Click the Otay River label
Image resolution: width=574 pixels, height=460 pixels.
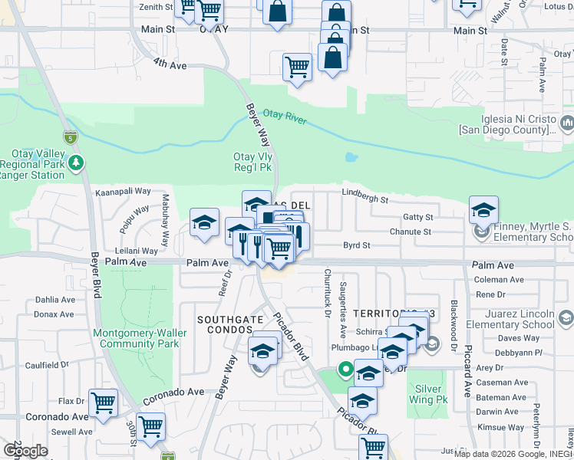[x=285, y=117]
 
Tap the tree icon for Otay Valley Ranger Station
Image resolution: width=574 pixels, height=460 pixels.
[x=75, y=162]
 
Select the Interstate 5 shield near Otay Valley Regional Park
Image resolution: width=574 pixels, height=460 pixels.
[x=71, y=138]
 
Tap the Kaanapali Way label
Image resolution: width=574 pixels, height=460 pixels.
[x=122, y=192]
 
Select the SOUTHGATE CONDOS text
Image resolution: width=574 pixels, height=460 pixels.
[x=224, y=324]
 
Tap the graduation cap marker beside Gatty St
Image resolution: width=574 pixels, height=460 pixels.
[x=483, y=209]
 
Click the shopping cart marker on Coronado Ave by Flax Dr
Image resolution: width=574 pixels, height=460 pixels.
[x=103, y=402]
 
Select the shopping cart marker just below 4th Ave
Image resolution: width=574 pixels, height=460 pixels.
[x=297, y=66]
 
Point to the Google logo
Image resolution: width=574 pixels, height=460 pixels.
[x=25, y=450]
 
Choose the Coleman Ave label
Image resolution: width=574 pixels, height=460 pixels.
[x=500, y=280]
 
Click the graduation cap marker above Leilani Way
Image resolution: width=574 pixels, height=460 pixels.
[x=204, y=222]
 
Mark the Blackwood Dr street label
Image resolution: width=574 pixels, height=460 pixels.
[x=454, y=324]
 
